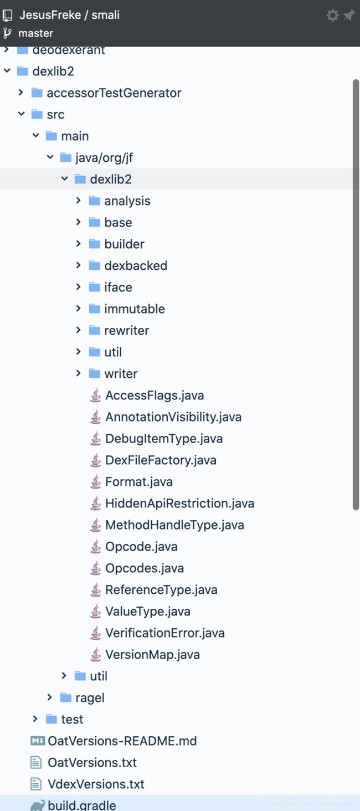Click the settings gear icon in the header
(332, 15)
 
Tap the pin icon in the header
(349, 15)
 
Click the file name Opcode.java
(141, 546)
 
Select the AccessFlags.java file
(155, 395)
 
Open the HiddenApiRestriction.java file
(179, 503)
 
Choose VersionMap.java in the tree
(152, 654)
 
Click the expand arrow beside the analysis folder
(79, 201)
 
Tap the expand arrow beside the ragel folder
(50, 697)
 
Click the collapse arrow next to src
(21, 114)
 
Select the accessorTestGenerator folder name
(114, 93)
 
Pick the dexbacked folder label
(136, 265)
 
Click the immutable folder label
(135, 309)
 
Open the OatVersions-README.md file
(122, 741)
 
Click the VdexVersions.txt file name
(96, 784)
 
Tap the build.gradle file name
(82, 805)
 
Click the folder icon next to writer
(95, 373)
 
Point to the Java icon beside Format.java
(96, 481)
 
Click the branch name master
(35, 33)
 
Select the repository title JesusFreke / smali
(69, 15)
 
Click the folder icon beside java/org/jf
(66, 157)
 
